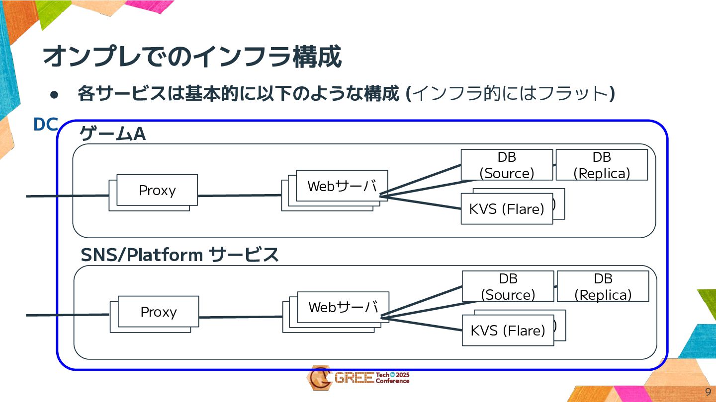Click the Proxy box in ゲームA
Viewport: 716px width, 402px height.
click(x=157, y=190)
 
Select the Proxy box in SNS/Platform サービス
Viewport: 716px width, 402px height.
click(x=158, y=312)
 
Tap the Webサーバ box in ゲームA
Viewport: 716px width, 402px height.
click(x=342, y=186)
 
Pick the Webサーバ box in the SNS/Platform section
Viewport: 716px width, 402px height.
click(x=343, y=307)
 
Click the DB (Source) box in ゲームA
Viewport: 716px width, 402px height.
click(x=507, y=165)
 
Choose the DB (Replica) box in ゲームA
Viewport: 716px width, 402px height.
click(x=602, y=165)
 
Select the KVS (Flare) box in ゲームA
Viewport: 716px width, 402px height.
click(x=507, y=209)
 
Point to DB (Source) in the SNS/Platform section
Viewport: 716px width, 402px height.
click(x=508, y=286)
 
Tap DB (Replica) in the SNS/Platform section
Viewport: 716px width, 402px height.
click(x=603, y=286)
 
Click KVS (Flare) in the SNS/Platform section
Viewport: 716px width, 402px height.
click(x=508, y=331)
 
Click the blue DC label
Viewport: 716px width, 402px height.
click(x=46, y=125)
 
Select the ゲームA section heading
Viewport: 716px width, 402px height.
click(x=112, y=134)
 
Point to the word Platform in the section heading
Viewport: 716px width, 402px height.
click(x=165, y=255)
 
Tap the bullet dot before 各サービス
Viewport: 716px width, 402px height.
click(x=54, y=95)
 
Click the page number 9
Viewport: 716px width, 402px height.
click(x=708, y=392)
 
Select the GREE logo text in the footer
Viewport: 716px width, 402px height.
click(x=354, y=378)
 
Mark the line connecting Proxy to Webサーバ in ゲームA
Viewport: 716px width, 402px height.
click(x=240, y=196)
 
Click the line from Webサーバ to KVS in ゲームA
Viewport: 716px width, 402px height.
click(x=420, y=202)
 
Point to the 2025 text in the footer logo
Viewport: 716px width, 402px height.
click(x=402, y=375)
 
